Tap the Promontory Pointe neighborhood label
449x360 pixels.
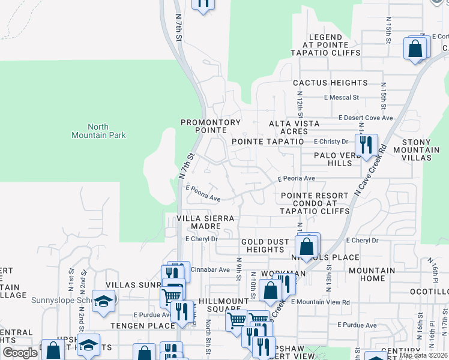coord(211,127)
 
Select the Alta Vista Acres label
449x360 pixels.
coord(297,127)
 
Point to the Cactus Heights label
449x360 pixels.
coord(330,83)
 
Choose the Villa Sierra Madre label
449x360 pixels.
coord(204,222)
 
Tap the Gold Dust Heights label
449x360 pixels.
coord(265,245)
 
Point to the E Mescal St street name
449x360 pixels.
coord(341,97)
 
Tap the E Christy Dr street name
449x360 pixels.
coord(331,142)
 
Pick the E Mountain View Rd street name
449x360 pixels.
coord(321,302)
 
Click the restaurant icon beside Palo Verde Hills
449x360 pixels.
coord(366,145)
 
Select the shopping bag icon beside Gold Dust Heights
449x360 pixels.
coord(306,246)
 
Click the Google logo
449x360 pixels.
coord(19,353)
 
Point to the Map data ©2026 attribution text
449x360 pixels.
coord(423,355)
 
